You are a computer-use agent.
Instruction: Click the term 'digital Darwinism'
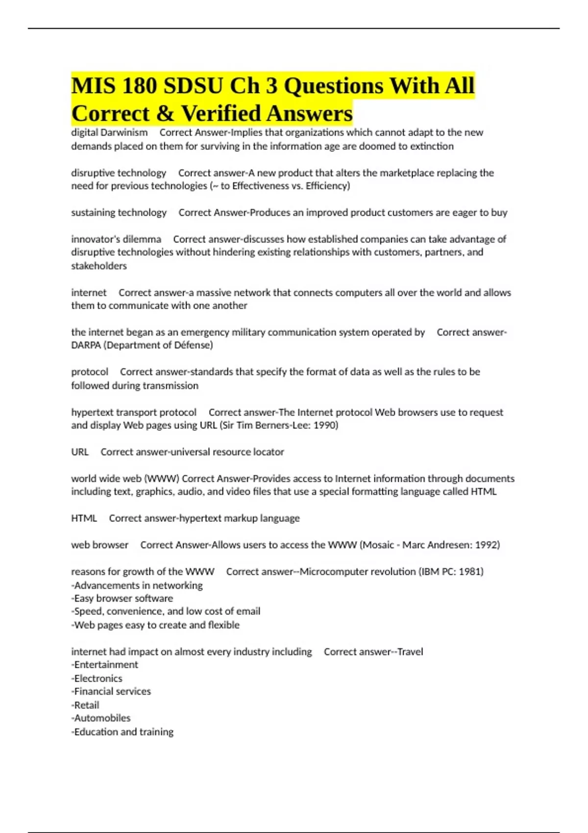click(109, 132)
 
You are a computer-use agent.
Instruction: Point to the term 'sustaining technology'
click(119, 213)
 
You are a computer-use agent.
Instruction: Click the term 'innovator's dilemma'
click(116, 239)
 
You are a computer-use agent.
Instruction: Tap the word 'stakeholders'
click(99, 266)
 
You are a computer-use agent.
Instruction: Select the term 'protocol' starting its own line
click(90, 372)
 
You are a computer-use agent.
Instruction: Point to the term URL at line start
click(80, 452)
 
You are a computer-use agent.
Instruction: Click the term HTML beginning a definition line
click(84, 518)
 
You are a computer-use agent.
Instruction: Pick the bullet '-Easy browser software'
click(122, 598)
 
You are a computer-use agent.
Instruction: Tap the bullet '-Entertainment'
click(104, 665)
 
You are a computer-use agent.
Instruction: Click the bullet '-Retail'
click(85, 705)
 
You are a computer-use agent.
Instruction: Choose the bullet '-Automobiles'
click(101, 718)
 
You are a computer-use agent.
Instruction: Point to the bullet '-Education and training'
click(122, 732)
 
